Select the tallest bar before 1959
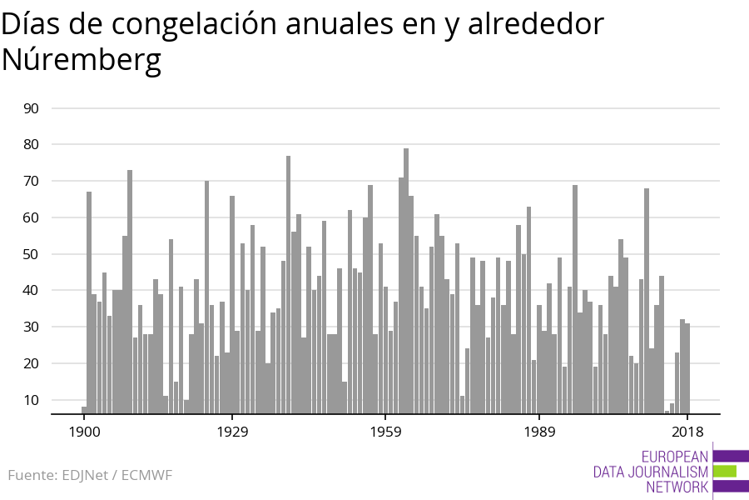[x=288, y=284]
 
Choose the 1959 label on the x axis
[x=385, y=432]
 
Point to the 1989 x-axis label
[x=539, y=432]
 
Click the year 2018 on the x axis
[x=687, y=432]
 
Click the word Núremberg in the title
[x=82, y=61]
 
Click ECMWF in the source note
[x=146, y=476]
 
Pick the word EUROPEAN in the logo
[x=675, y=457]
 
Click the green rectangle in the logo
[x=725, y=471]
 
